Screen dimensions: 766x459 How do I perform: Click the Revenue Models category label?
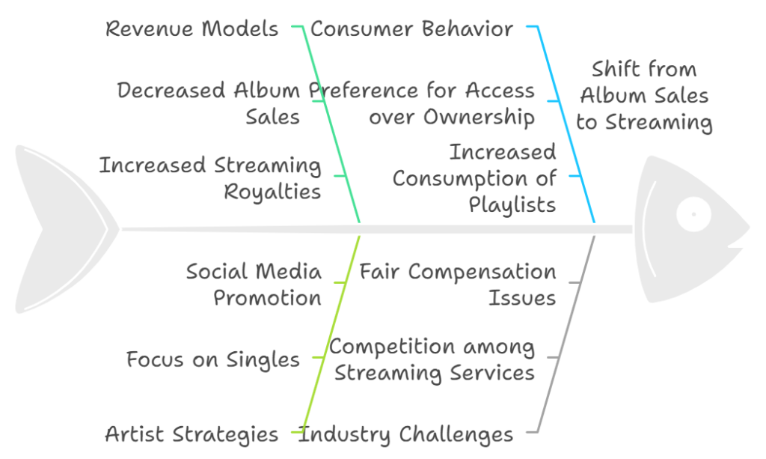click(192, 29)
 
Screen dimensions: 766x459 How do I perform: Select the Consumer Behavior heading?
click(412, 29)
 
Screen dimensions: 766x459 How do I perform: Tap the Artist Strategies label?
click(191, 434)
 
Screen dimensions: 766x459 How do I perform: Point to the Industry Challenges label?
click(406, 434)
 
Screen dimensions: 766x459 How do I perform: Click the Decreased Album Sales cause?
click(209, 103)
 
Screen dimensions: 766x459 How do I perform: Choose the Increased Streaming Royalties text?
click(210, 178)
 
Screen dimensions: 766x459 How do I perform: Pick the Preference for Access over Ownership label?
click(422, 103)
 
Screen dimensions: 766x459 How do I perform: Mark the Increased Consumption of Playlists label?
click(474, 178)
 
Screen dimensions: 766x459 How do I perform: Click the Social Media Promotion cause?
click(254, 285)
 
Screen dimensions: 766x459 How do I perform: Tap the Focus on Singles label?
click(213, 359)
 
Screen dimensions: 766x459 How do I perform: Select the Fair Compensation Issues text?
click(458, 285)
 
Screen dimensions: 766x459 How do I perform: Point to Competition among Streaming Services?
click(432, 359)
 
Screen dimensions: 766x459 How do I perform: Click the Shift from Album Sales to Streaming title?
click(644, 96)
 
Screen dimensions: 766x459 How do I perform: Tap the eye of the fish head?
click(693, 214)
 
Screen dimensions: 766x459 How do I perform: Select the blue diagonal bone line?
click(566, 124)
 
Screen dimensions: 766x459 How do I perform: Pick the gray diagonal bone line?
click(566, 335)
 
